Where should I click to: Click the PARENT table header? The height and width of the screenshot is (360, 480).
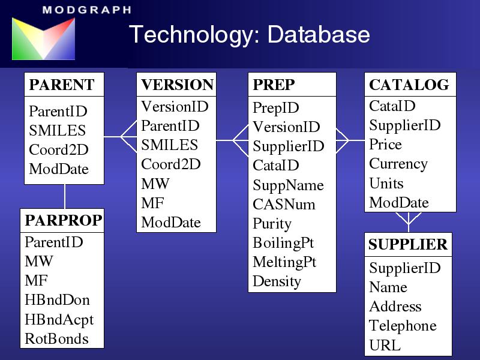coord(62,85)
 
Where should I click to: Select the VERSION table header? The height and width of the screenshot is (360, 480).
coord(177,85)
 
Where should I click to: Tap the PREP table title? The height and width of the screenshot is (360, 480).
coord(274,85)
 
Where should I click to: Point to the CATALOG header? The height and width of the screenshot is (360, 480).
coord(409,85)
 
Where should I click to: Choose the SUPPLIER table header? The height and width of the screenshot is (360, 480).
coord(408,244)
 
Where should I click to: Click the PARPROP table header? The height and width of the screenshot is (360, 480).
coord(64,220)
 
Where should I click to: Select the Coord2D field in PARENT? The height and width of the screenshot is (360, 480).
coord(59,149)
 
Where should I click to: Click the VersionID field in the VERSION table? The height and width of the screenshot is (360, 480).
coord(175,107)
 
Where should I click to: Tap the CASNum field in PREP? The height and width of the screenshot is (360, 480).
coord(284,204)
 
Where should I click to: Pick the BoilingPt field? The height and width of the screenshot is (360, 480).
coord(283,243)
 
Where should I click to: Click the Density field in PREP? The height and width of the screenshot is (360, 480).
coord(277,281)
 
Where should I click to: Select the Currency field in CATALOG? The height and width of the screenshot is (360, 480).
coord(398,164)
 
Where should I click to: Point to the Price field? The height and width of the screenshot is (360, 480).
coord(385,144)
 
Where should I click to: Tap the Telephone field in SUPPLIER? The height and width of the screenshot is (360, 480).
coord(403,326)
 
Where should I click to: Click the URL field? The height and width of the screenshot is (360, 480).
coord(385,345)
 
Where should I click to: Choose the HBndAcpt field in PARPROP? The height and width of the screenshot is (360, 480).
coord(59,320)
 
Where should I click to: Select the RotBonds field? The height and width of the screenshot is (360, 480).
coord(56,339)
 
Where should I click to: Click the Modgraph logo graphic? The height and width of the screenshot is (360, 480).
coord(43,38)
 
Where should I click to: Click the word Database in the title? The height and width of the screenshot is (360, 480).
coord(319,34)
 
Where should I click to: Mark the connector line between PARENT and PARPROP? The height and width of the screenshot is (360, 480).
coord(65,197)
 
